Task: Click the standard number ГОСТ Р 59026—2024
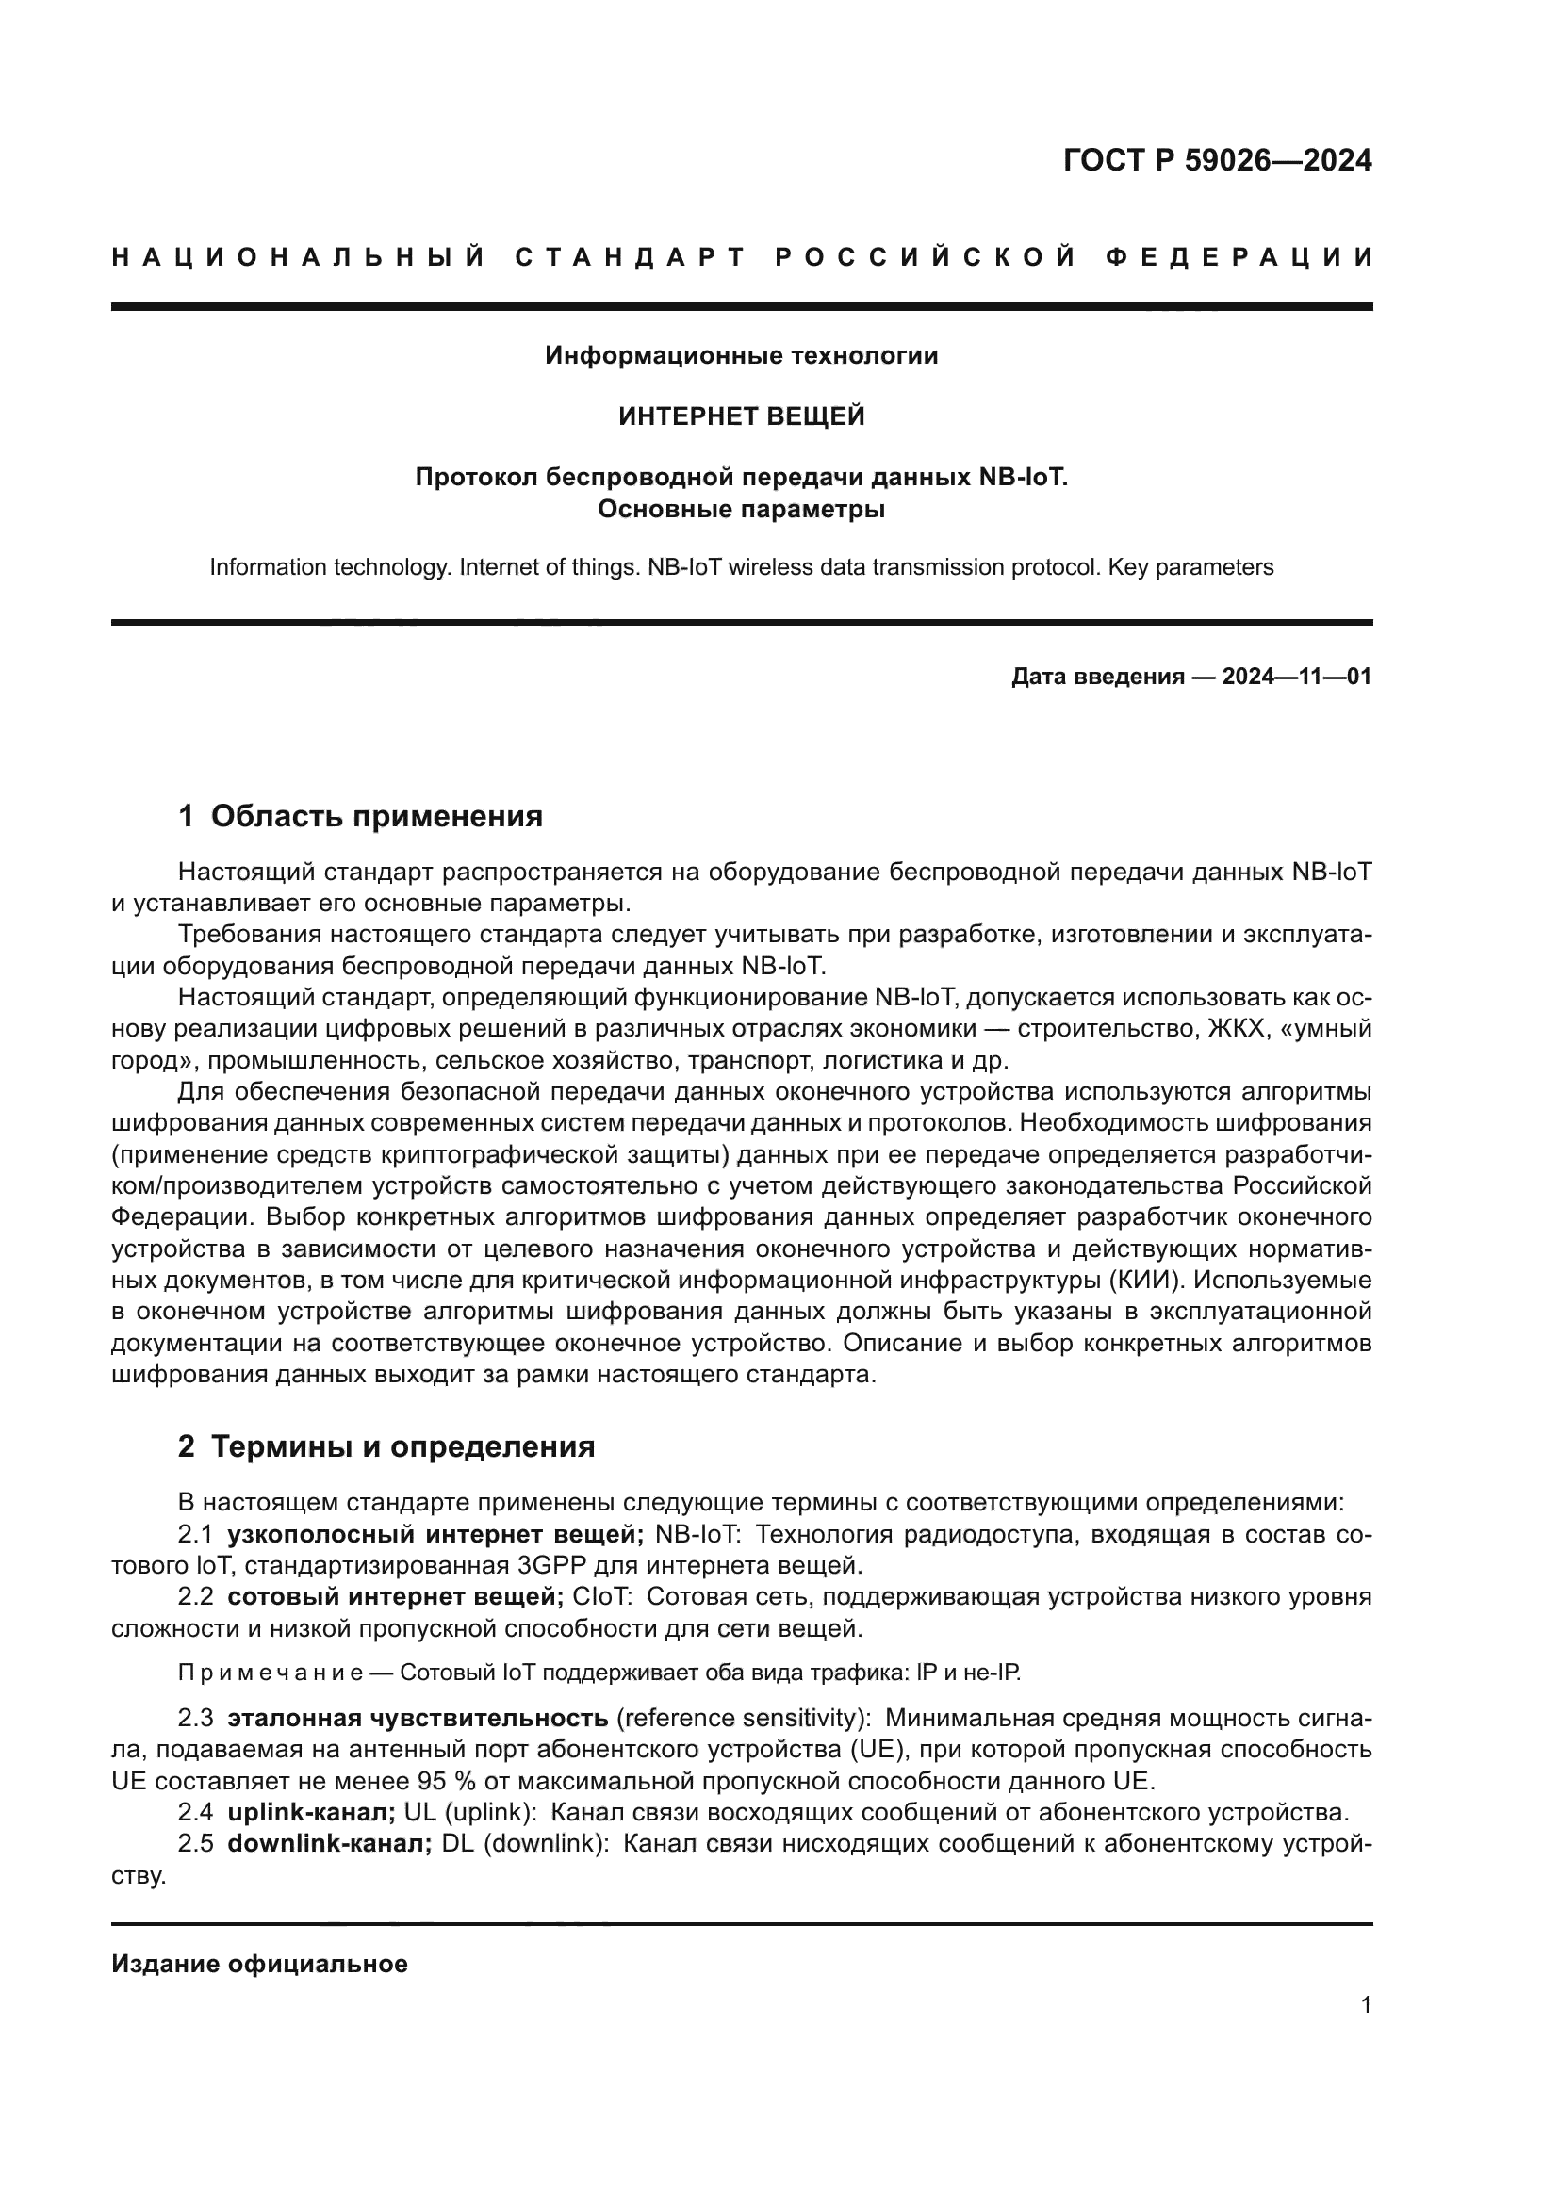[x=1217, y=160]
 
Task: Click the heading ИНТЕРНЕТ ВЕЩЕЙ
[x=741, y=416]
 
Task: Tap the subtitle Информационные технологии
[x=741, y=356]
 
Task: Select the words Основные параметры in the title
[x=741, y=510]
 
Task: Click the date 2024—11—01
[x=1296, y=677]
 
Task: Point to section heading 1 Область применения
[x=360, y=817]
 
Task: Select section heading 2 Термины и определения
[x=386, y=1446]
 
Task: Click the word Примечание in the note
[x=270, y=1673]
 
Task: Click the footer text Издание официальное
[x=259, y=1964]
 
